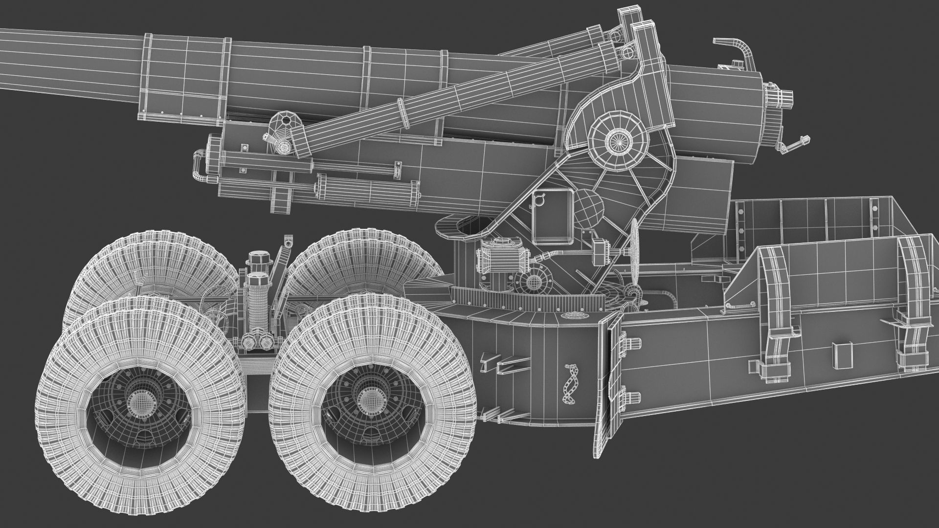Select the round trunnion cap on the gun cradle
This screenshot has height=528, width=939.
click(x=618, y=140)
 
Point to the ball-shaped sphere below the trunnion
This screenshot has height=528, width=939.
click(x=588, y=207)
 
